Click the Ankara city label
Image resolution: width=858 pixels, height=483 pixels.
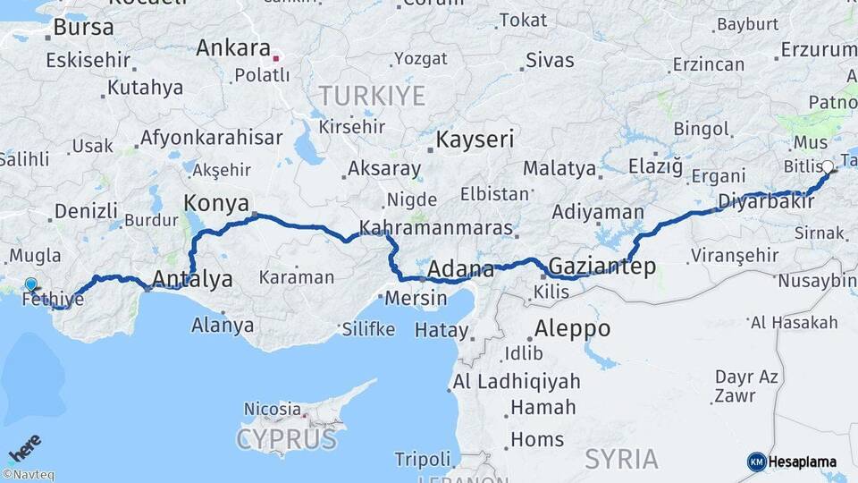[232, 47]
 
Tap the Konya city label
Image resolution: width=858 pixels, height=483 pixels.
[216, 201]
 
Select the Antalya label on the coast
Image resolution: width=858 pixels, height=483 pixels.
[193, 279]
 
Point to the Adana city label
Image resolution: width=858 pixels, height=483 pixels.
[461, 269]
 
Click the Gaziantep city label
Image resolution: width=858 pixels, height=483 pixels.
[602, 266]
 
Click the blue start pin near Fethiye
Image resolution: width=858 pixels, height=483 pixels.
[31, 285]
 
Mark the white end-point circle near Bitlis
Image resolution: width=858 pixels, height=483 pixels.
[828, 166]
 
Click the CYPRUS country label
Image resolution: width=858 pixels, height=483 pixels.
[287, 439]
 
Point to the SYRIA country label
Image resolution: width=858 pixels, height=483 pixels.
[621, 459]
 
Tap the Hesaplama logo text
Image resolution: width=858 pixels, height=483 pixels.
[802, 462]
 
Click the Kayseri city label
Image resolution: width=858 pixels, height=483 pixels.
[475, 140]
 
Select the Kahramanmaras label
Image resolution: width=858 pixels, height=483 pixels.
[437, 227]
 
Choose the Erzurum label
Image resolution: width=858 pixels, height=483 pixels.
[818, 49]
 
